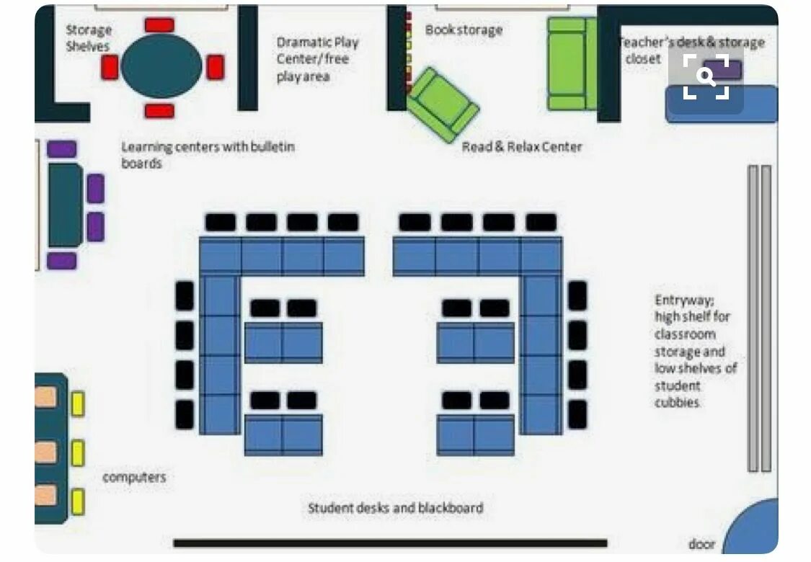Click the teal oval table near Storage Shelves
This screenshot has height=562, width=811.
pos(161,67)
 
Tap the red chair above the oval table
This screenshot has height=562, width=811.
pos(159,25)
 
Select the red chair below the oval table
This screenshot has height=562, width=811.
pos(159,111)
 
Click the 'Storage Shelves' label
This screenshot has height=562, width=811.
pos(89,38)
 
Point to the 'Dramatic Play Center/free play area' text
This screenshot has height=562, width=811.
pos(317,59)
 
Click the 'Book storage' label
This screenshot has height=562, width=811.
pos(464,30)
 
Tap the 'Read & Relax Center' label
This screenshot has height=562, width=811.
pos(522,147)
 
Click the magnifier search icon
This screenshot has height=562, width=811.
pos(706,76)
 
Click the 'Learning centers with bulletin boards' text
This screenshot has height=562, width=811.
pos(208,155)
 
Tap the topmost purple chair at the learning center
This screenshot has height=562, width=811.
pos(62,149)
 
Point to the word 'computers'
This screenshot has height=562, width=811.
pos(134,477)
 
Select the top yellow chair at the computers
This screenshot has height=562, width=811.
pos(77,404)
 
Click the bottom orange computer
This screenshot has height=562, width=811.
pos(45,495)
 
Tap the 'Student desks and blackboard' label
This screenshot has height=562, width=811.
pos(396,508)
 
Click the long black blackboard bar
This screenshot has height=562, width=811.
pos(390,543)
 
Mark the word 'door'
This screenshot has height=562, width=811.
pos(701,544)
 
